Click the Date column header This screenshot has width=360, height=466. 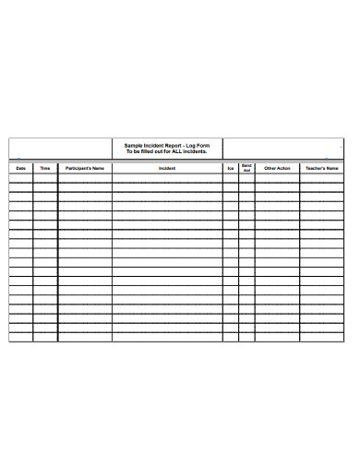pyautogui.click(x=20, y=169)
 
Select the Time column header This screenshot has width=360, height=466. pyautogui.click(x=45, y=169)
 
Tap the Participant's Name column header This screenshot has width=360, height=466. pyautogui.click(x=85, y=169)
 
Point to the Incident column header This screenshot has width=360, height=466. pyautogui.click(x=167, y=169)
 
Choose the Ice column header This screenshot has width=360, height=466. pyautogui.click(x=231, y=169)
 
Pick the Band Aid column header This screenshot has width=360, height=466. pyautogui.click(x=246, y=169)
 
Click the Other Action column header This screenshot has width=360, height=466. pyautogui.click(x=277, y=169)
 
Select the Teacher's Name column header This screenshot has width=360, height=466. pyautogui.click(x=322, y=169)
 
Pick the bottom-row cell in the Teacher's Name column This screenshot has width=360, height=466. pyautogui.click(x=322, y=337)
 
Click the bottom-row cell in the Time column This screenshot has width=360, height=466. pyautogui.click(x=45, y=337)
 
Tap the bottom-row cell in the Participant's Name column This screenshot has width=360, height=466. pyautogui.click(x=85, y=337)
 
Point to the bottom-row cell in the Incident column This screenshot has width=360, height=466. pyautogui.click(x=167, y=337)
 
